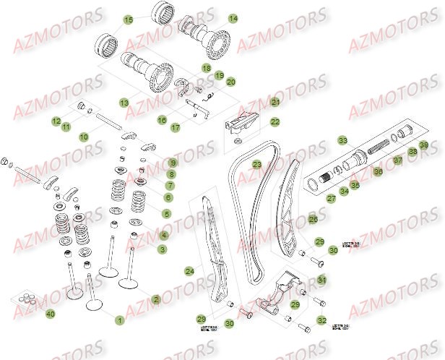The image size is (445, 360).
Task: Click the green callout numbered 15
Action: click(129, 20)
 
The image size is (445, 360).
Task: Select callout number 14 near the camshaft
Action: click(233, 18)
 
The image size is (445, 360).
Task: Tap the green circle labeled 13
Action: click(124, 103)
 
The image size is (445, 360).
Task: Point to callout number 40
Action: click(49, 314)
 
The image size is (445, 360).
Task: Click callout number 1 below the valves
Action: click(120, 319)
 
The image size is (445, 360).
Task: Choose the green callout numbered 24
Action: click(189, 272)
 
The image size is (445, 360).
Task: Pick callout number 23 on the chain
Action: click(256, 166)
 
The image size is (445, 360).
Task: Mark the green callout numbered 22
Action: click(275, 122)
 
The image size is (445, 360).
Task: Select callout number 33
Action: click(342, 140)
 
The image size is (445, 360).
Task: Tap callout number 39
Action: click(424, 147)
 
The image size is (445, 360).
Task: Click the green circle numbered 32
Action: click(321, 320)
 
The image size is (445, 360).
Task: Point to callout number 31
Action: click(321, 280)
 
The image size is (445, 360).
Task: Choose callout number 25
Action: click(312, 218)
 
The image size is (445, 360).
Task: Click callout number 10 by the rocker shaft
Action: click(84, 136)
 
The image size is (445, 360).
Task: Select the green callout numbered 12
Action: click(56, 121)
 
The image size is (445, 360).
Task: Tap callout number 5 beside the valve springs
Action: click(167, 214)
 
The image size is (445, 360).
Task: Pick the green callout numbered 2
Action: click(155, 299)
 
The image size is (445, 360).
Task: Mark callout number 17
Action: click(175, 128)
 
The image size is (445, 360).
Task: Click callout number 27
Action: click(332, 197)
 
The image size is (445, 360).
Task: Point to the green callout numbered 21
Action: click(275, 103)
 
